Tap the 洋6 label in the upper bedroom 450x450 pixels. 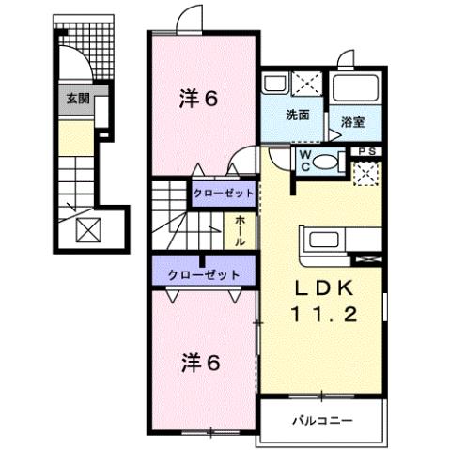(x=199, y=98)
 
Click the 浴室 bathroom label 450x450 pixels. (x=352, y=121)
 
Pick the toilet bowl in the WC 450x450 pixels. (x=325, y=161)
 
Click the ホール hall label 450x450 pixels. (x=241, y=229)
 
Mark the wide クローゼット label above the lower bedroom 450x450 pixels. (x=203, y=274)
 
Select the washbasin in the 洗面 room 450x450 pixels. (x=276, y=85)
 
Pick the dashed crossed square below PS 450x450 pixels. (x=365, y=172)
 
